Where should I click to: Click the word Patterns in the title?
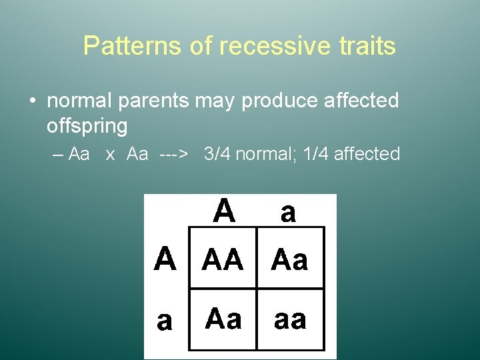point(122,46)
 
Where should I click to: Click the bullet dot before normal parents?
point(32,101)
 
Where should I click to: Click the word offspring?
point(87,125)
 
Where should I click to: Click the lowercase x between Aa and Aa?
point(110,155)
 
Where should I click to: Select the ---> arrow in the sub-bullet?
point(173,155)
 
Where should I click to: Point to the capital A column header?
point(224,211)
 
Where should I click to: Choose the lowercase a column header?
point(288,213)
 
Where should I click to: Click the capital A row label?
point(165,259)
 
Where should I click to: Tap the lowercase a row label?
point(165,321)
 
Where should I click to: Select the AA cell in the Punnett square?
point(223,259)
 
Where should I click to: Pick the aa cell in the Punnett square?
point(290,320)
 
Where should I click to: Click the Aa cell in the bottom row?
point(223,319)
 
